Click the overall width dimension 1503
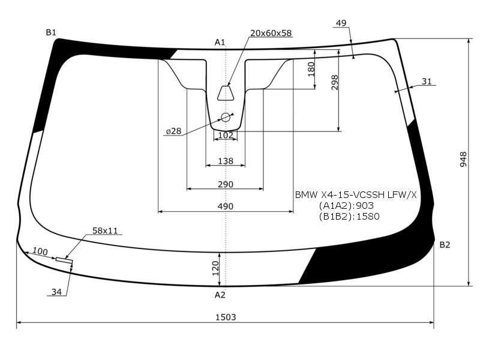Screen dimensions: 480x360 click(x=226, y=317)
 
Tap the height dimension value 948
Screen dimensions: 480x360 click(x=463, y=159)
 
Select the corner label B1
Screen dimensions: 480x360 click(x=51, y=32)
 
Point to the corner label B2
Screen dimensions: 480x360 click(x=445, y=245)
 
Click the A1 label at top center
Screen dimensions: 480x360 click(x=220, y=42)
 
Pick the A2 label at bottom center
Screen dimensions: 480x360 click(x=220, y=295)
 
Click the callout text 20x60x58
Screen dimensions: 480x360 click(x=271, y=33)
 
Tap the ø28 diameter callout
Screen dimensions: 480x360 click(x=173, y=131)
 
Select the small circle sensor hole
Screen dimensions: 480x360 click(x=226, y=117)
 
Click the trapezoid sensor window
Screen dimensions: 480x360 click(x=226, y=93)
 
